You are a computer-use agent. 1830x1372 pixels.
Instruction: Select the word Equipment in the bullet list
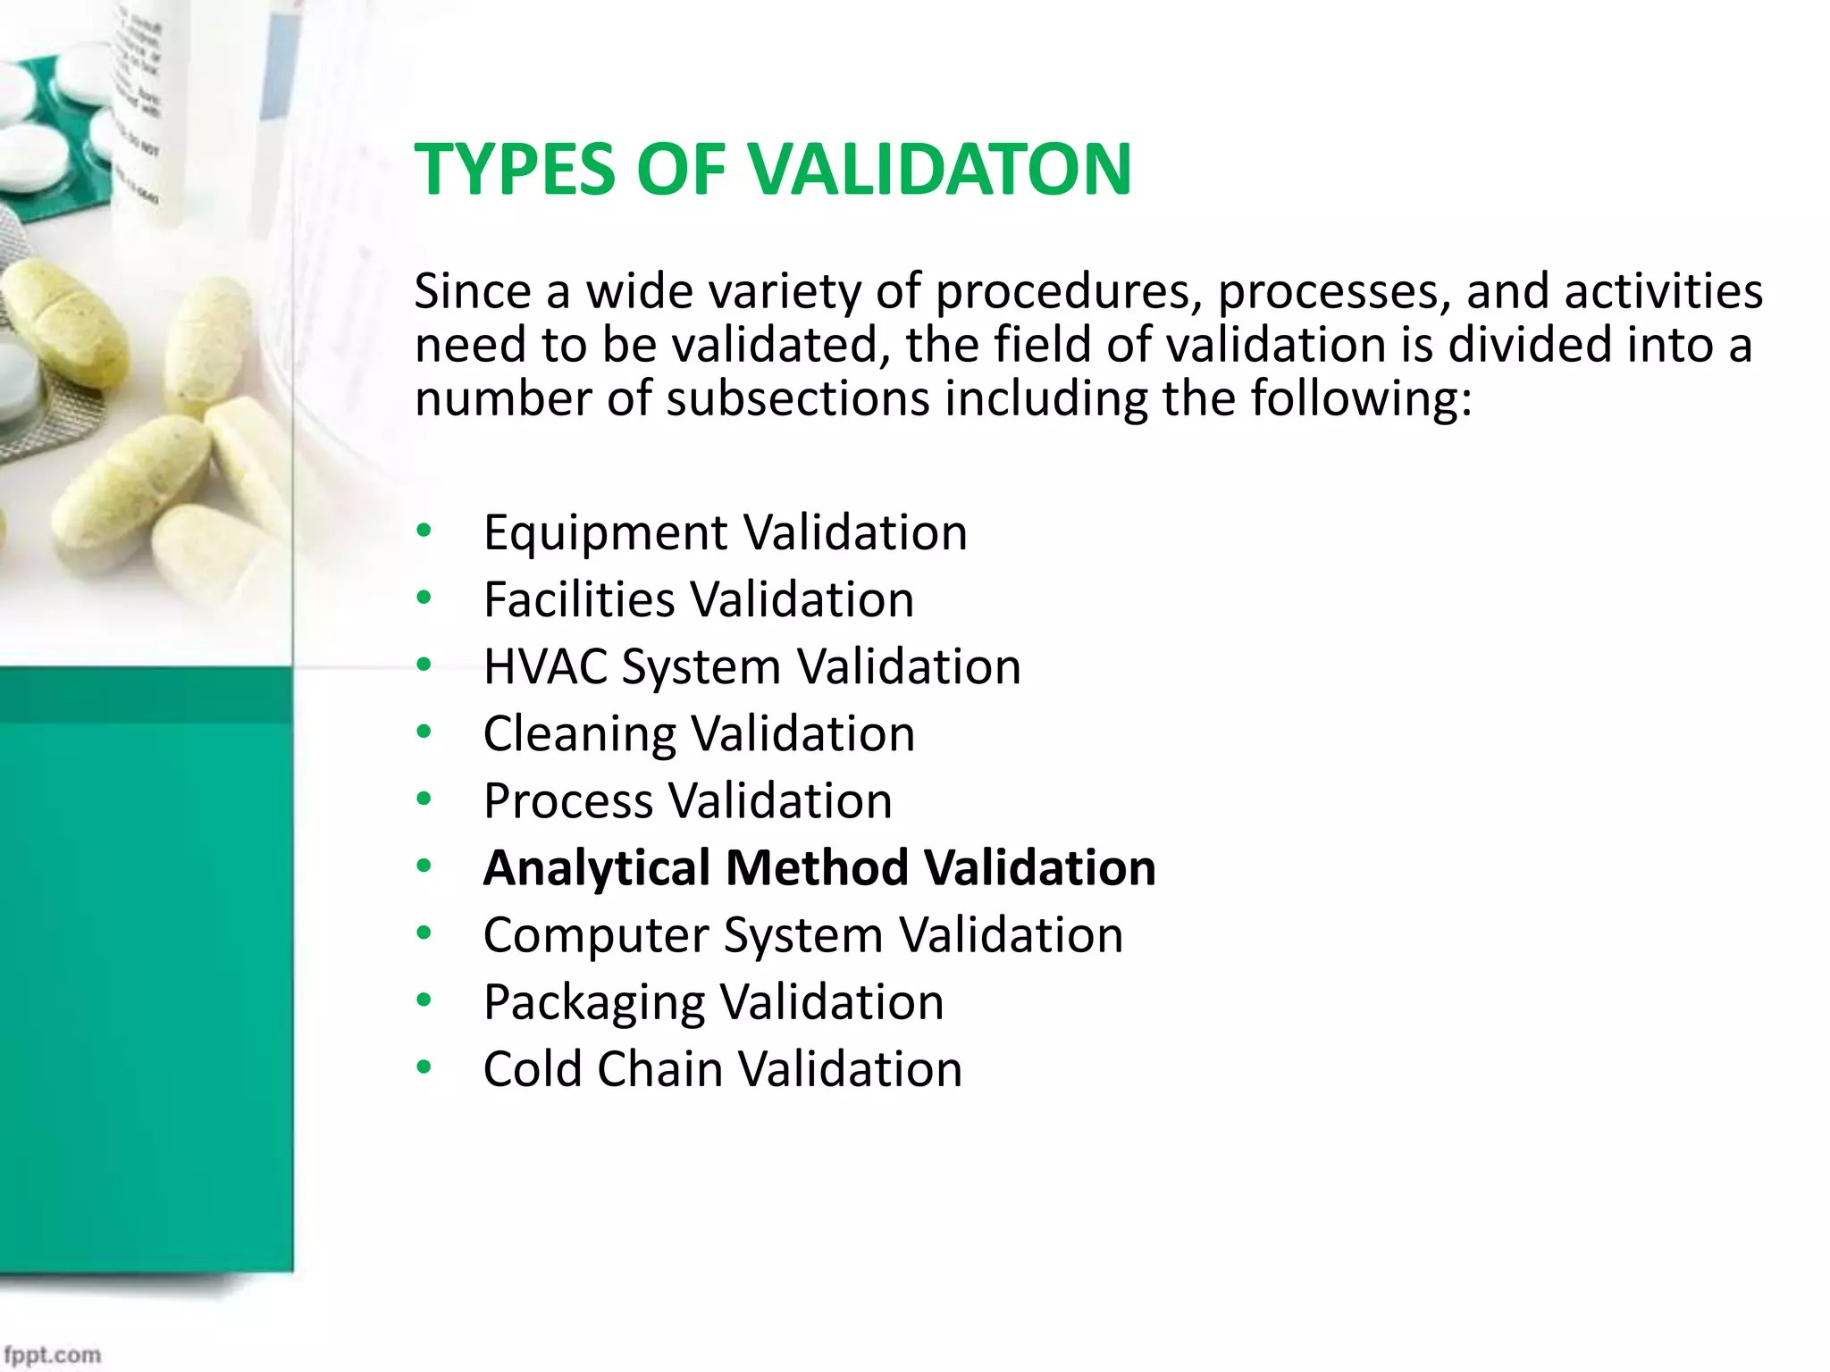coord(604,534)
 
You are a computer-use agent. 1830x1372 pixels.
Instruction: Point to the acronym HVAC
coord(544,666)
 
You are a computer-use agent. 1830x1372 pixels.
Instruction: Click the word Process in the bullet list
coord(567,801)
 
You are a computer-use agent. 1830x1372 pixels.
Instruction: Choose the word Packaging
coord(594,1003)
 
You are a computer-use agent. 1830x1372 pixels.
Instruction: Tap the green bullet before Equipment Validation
coord(424,531)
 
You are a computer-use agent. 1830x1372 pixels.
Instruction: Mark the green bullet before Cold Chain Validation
coord(424,1067)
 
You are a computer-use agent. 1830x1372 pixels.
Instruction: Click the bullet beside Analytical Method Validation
coord(424,866)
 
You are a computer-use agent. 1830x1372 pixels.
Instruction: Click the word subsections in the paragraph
coord(798,398)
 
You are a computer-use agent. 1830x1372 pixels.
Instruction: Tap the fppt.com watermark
coord(52,1354)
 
